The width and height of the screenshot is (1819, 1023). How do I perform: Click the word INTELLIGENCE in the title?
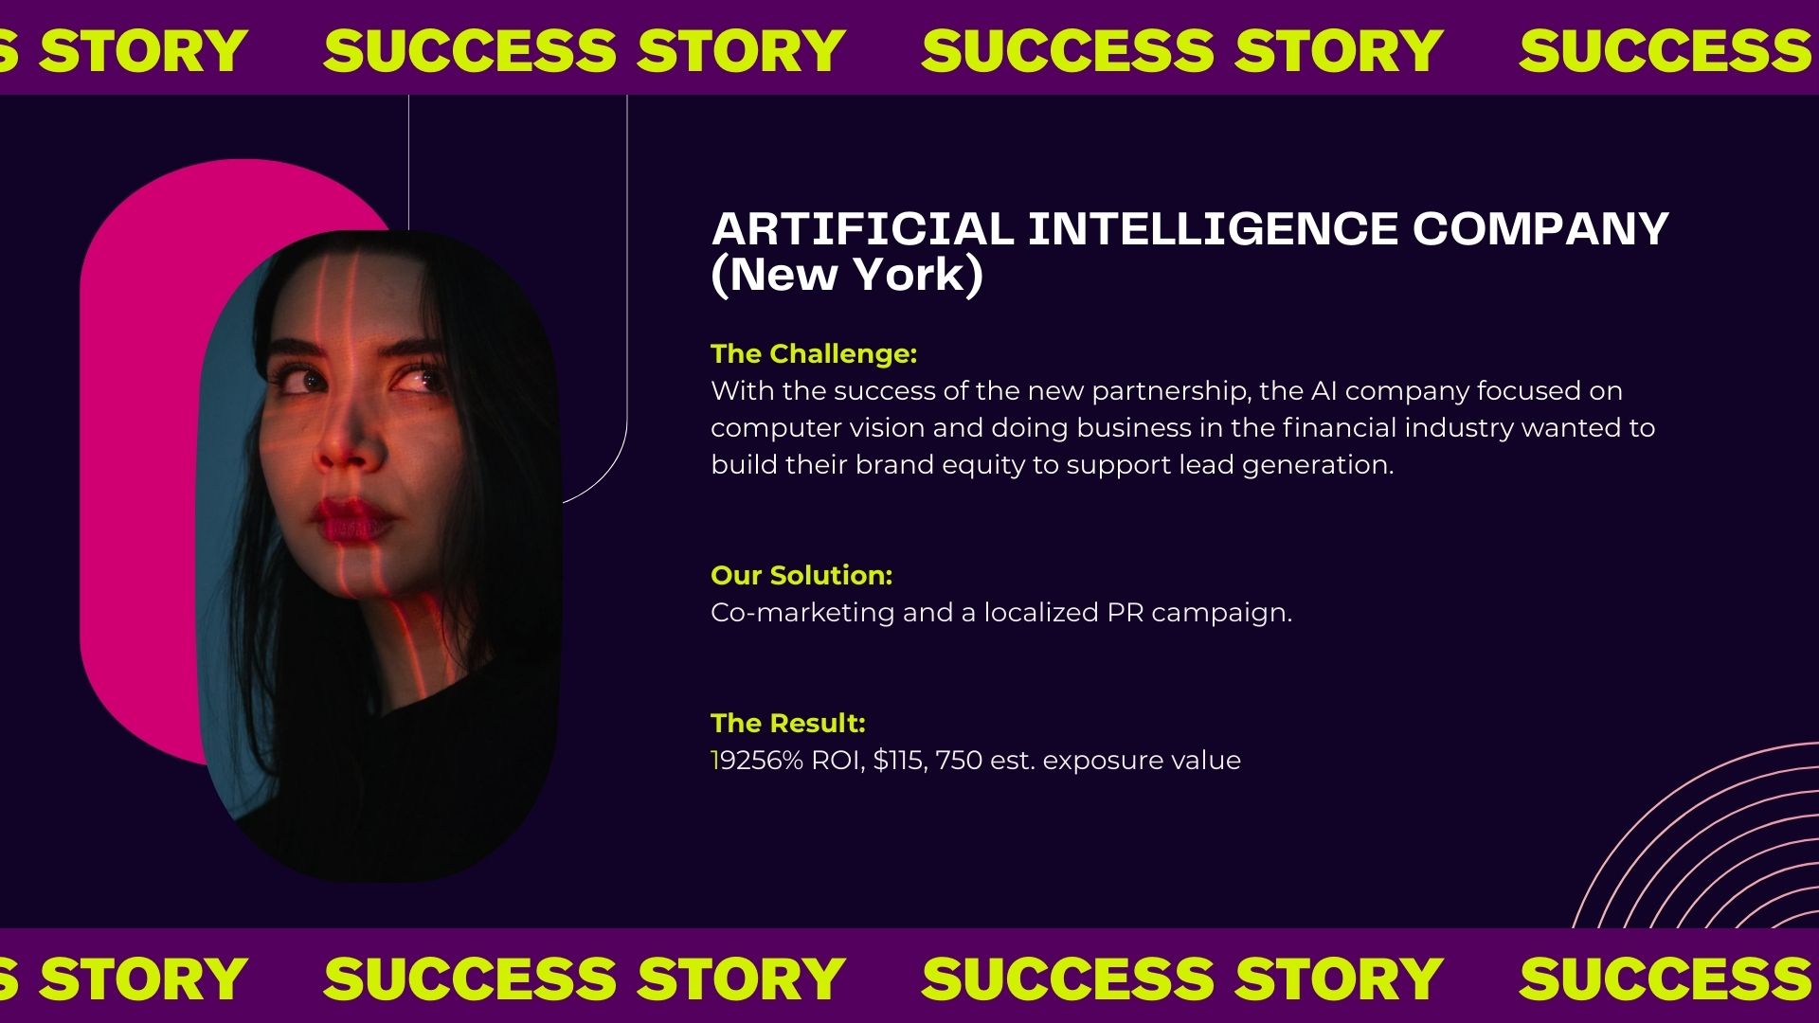[x=1213, y=229]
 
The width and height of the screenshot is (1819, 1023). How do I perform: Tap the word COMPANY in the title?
[x=1540, y=229]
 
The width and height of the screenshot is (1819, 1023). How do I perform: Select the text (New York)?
[x=847, y=276]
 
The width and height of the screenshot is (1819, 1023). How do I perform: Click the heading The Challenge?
[x=814, y=354]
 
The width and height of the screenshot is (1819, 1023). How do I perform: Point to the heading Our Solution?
[x=801, y=576]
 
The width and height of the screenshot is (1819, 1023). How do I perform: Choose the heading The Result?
[x=788, y=724]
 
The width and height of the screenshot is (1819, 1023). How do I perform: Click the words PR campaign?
[x=1198, y=613]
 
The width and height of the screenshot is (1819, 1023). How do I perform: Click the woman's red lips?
[x=351, y=520]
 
